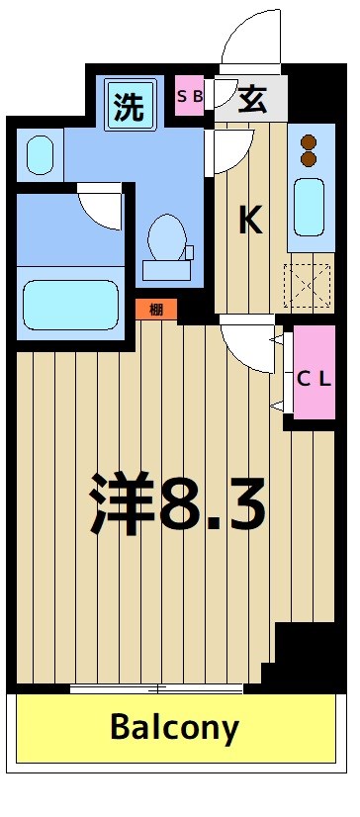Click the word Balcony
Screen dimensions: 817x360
(174, 729)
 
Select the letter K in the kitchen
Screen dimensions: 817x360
(250, 222)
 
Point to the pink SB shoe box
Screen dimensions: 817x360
(190, 97)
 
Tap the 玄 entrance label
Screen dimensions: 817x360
(251, 99)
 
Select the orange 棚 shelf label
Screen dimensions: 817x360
(156, 310)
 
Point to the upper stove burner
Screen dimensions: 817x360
(307, 140)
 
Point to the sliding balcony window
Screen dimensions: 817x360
(156, 688)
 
